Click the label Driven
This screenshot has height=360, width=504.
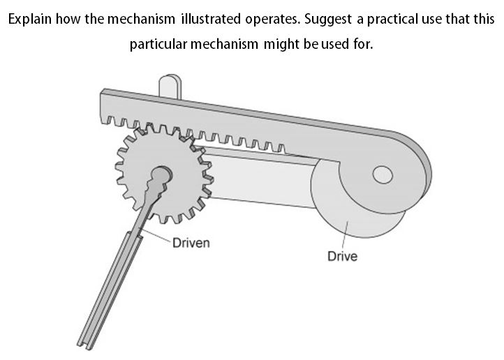(191, 243)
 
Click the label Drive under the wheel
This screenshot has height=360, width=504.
(342, 256)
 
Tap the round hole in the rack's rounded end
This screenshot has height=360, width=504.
(383, 174)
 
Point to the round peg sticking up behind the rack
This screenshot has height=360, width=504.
(169, 85)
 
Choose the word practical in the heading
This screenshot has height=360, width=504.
(406, 18)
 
